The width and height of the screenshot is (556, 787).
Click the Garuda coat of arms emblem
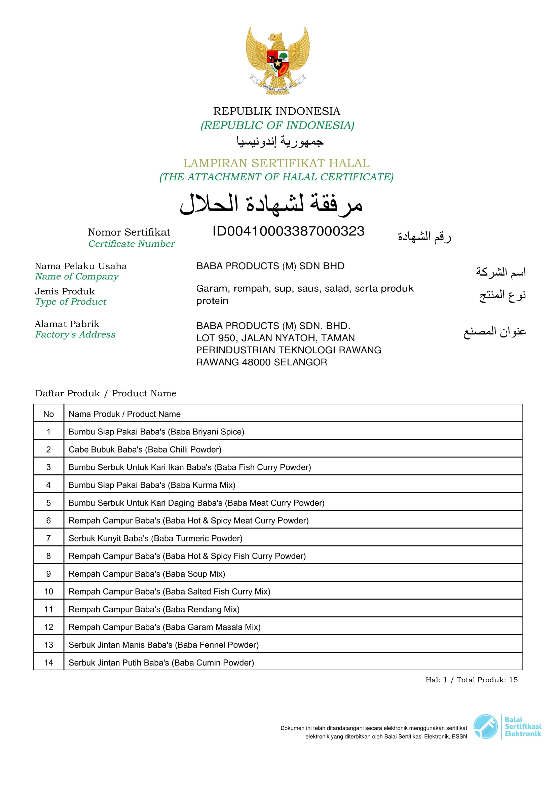pyautogui.click(x=277, y=61)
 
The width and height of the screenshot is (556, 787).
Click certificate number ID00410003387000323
pyautogui.click(x=288, y=231)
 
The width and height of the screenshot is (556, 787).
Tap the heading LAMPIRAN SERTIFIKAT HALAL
pyautogui.click(x=276, y=163)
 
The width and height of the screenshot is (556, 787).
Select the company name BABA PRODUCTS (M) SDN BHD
pyautogui.click(x=270, y=266)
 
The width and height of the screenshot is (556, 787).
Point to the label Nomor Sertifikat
pyautogui.click(x=129, y=232)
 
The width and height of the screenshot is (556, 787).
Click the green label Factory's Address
pyautogui.click(x=75, y=334)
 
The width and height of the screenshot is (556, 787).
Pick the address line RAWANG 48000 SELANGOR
pyautogui.click(x=261, y=362)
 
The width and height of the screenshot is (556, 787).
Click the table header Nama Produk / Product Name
pyautogui.click(x=124, y=414)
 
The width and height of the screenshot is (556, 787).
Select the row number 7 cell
pyautogui.click(x=48, y=538)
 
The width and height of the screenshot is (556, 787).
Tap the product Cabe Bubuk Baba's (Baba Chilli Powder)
pyautogui.click(x=145, y=450)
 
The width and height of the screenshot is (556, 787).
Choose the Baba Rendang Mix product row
pyautogui.click(x=154, y=609)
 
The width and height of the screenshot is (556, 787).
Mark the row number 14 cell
pyautogui.click(x=48, y=663)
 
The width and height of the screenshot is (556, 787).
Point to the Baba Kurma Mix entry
pyautogui.click(x=152, y=485)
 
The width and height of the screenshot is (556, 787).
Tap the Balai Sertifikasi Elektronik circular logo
pyautogui.click(x=485, y=727)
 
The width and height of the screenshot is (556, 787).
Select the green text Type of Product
pyautogui.click(x=71, y=302)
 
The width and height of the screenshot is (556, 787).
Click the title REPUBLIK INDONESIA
pyautogui.click(x=276, y=111)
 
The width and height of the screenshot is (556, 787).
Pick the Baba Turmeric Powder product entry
pyautogui.click(x=155, y=538)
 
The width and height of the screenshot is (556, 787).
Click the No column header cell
pyautogui.click(x=48, y=414)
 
